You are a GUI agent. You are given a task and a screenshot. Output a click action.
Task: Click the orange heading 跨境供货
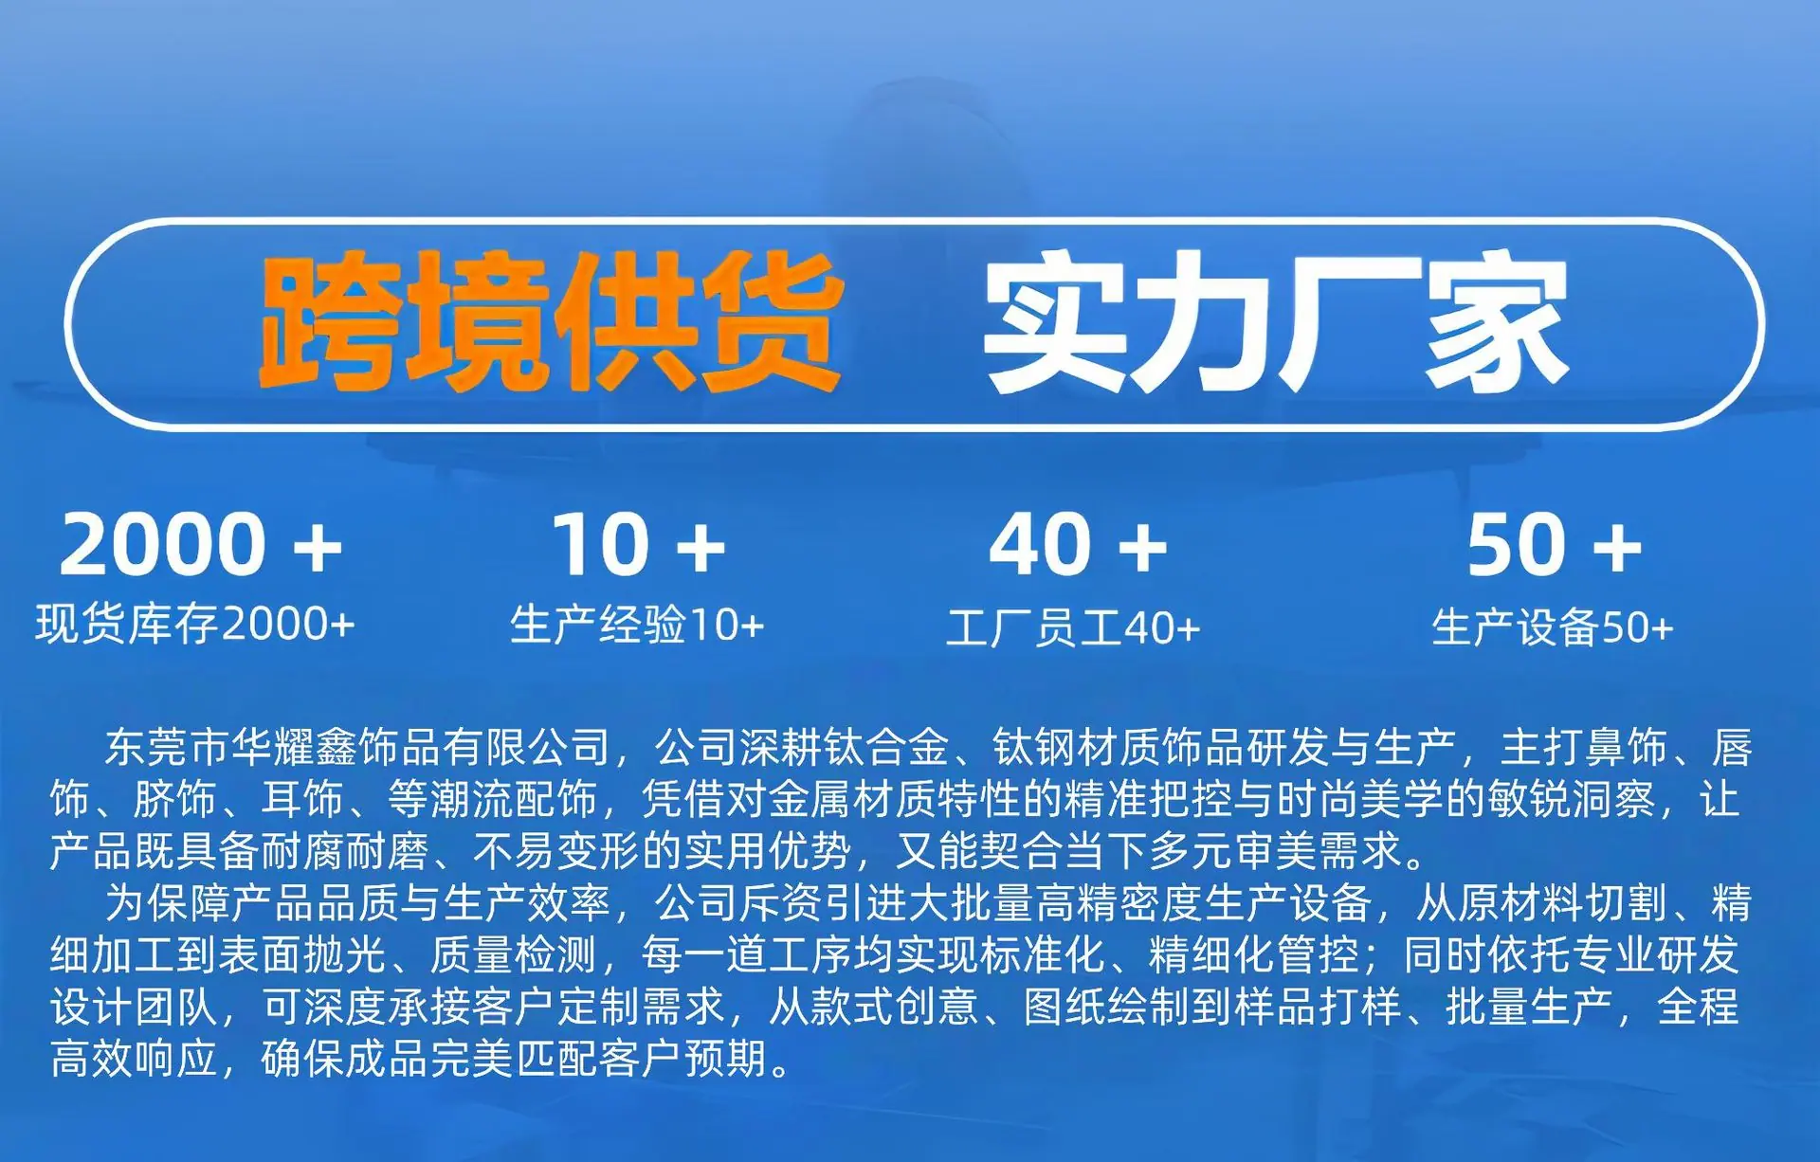551,322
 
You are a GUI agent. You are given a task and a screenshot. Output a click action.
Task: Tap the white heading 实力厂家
1276,322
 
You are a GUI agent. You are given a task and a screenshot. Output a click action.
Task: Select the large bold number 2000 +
200,544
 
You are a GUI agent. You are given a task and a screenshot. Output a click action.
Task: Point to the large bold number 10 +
638,544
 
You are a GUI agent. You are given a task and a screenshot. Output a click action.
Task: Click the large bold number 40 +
1078,544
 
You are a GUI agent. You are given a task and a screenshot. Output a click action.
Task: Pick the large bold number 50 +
1555,544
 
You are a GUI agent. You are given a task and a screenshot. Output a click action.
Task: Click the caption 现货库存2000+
195,625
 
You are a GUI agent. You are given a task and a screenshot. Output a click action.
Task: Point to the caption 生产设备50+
1553,627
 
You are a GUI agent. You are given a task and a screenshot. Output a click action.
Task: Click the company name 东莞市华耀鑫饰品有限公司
357,748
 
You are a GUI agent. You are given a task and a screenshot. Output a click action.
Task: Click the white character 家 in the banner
1498,322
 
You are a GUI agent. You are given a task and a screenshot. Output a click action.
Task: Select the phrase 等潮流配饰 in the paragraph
493,799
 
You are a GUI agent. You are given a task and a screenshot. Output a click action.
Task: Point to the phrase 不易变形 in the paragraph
555,851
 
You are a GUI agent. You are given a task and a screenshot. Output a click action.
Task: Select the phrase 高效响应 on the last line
134,1059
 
